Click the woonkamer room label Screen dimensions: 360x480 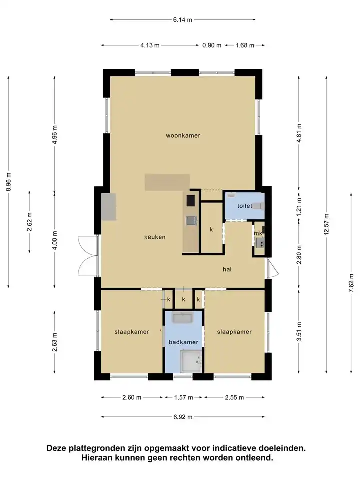click(x=183, y=135)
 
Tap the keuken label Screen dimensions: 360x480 click(x=155, y=237)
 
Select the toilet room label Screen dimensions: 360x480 click(x=245, y=206)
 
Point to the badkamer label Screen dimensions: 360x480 click(x=183, y=342)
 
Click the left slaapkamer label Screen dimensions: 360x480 click(x=132, y=332)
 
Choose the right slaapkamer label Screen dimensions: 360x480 click(x=234, y=332)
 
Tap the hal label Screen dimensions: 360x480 click(x=227, y=269)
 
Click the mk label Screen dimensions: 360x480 click(x=258, y=233)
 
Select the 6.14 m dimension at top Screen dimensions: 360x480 click(x=183, y=20)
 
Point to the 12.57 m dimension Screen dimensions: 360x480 click(x=326, y=224)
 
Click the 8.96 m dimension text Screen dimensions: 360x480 click(x=8, y=182)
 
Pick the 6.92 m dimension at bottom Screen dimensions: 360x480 click(x=183, y=417)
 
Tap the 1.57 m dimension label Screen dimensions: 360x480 click(x=183, y=397)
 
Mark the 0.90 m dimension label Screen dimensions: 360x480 click(x=212, y=45)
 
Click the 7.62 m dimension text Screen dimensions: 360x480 click(x=351, y=283)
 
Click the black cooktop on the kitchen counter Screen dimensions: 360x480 click(x=191, y=201)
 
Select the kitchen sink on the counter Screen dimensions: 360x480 click(x=192, y=220)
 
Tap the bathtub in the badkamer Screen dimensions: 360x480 click(x=183, y=318)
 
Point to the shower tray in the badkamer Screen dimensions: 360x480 click(x=190, y=361)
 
